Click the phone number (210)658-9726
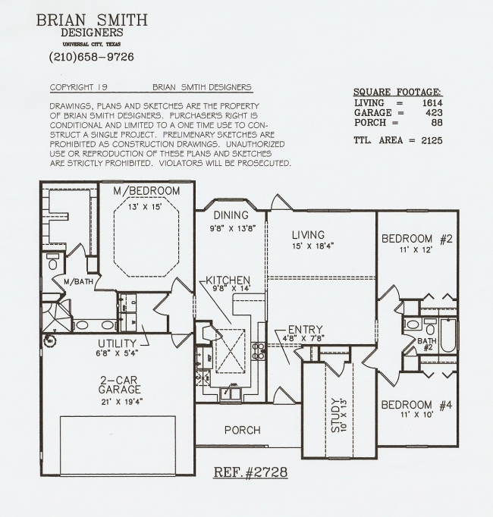[92, 57]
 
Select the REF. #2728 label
[251, 472]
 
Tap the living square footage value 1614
[432, 103]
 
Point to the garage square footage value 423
[434, 113]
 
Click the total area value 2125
[432, 140]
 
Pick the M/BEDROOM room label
[146, 191]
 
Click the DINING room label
[231, 215]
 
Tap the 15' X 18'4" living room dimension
[312, 246]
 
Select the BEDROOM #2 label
[416, 238]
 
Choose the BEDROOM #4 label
[416, 405]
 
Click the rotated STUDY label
[335, 415]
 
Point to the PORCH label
[243, 431]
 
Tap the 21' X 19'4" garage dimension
[122, 402]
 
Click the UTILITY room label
[117, 343]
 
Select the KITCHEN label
[228, 280]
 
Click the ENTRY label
[305, 330]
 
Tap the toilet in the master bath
[52, 262]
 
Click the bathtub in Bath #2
[448, 335]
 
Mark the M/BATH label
[78, 282]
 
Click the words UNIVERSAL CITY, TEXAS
[92, 44]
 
